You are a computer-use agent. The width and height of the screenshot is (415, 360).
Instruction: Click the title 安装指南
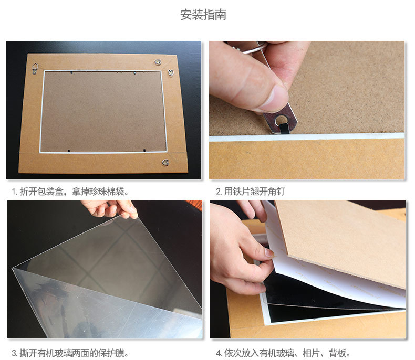click(203, 15)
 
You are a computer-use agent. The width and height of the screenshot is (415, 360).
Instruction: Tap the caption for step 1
click(70, 192)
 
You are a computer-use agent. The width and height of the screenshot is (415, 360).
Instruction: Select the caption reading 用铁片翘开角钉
click(251, 192)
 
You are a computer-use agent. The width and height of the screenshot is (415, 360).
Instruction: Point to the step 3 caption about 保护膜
click(70, 353)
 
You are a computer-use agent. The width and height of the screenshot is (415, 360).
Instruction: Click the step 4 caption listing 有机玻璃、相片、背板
click(283, 353)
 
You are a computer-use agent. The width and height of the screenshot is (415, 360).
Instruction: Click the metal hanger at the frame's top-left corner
click(35, 68)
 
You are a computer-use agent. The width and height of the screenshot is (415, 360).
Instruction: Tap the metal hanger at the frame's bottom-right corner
click(165, 162)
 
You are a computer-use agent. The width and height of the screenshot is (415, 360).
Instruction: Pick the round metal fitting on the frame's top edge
click(158, 62)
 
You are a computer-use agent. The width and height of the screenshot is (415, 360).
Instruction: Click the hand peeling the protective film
click(110, 208)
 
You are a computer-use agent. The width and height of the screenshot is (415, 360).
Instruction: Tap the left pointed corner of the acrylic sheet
click(13, 268)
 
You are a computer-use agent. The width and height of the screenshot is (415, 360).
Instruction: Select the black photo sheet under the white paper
click(318, 301)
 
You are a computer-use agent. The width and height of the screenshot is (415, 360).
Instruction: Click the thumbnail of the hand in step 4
click(269, 253)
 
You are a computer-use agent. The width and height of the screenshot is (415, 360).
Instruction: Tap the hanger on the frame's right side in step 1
click(171, 72)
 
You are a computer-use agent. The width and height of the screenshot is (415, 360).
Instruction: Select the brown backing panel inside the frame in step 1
click(103, 112)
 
